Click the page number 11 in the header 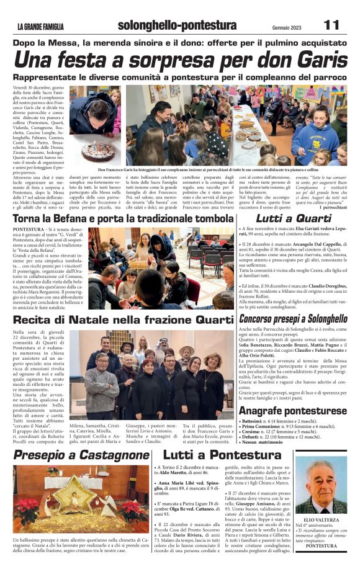pyautogui.click(x=331, y=25)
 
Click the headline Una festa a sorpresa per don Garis pyautogui.click(x=180, y=60)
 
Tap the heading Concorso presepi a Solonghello pyautogui.click(x=293, y=318)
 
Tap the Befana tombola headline pyautogui.click(x=122, y=218)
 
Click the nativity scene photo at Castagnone pyautogui.click(x=81, y=500)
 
